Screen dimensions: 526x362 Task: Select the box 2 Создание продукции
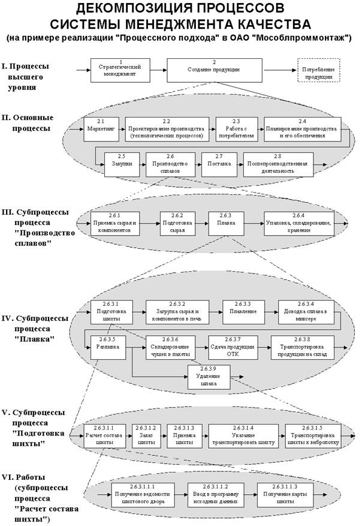[214, 70]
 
